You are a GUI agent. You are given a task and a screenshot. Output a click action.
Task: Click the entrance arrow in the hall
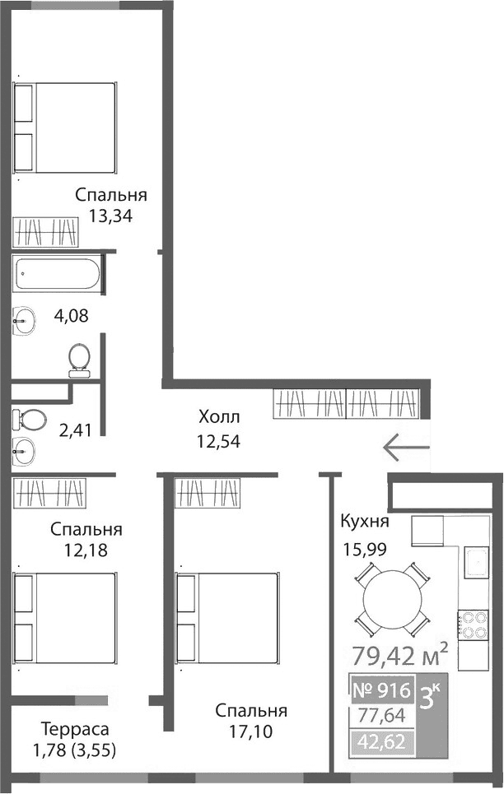coord(406,448)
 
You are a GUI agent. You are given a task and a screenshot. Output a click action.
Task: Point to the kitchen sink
coord(475,563)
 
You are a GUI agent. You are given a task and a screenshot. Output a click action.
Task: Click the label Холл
coord(218,416)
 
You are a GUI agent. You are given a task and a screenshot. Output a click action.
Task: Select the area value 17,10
coord(251,730)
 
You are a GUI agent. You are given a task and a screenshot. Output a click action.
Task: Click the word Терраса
coord(75,728)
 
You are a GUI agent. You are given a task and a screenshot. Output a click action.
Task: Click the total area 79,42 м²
coord(400,657)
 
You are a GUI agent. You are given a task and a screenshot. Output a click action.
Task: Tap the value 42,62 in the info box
coord(380,744)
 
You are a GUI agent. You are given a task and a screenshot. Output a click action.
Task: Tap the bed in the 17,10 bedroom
coord(226,605)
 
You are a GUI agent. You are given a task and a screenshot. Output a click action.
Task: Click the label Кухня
coord(364,522)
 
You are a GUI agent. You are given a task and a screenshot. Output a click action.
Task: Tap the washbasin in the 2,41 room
coord(25,450)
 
